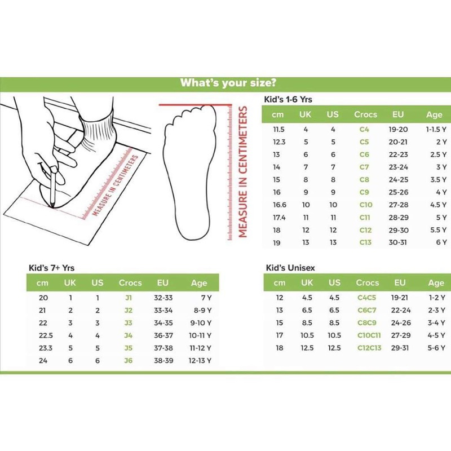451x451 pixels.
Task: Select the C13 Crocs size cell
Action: click(365, 242)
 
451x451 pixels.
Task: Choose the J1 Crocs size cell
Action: click(130, 298)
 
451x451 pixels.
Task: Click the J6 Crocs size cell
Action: click(130, 360)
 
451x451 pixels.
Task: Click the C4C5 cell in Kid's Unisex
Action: click(367, 298)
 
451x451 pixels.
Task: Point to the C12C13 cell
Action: click(369, 348)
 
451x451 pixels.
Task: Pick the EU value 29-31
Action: click(400, 348)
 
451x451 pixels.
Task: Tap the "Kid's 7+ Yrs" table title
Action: click(53, 268)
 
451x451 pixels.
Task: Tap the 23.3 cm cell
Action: click(42, 348)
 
